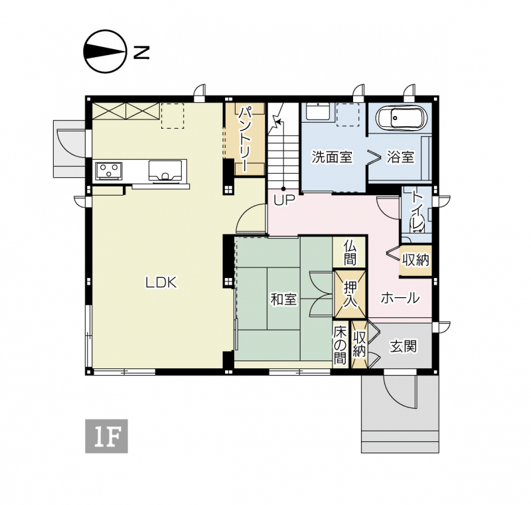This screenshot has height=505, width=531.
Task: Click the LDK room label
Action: tap(161, 282)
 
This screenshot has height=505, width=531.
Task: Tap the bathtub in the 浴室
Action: tap(402, 118)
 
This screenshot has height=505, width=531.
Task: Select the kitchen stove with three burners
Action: tap(109, 170)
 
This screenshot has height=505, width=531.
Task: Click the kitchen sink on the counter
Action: tap(165, 171)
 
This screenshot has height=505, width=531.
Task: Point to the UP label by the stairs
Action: tap(284, 200)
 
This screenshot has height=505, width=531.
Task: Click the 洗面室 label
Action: tap(332, 157)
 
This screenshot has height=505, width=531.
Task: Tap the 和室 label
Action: tap(283, 299)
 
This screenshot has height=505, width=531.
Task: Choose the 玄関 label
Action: tap(403, 346)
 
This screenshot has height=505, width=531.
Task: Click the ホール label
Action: tap(400, 298)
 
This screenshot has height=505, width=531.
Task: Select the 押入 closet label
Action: tap(350, 294)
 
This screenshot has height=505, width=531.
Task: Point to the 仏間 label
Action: tap(350, 252)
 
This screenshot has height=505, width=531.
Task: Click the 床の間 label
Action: tap(340, 345)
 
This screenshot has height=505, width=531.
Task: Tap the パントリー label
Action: tap(245, 139)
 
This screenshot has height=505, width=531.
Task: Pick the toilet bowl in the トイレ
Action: tap(417, 226)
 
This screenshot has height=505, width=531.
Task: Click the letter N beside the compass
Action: tap(141, 52)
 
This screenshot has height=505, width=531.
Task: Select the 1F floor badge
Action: tap(106, 436)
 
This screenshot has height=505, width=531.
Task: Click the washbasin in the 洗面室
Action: tap(318, 111)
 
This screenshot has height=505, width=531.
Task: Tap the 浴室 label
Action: tap(401, 157)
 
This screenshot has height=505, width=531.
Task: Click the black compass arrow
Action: tap(105, 52)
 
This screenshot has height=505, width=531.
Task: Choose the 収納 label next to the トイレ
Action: tap(416, 259)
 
